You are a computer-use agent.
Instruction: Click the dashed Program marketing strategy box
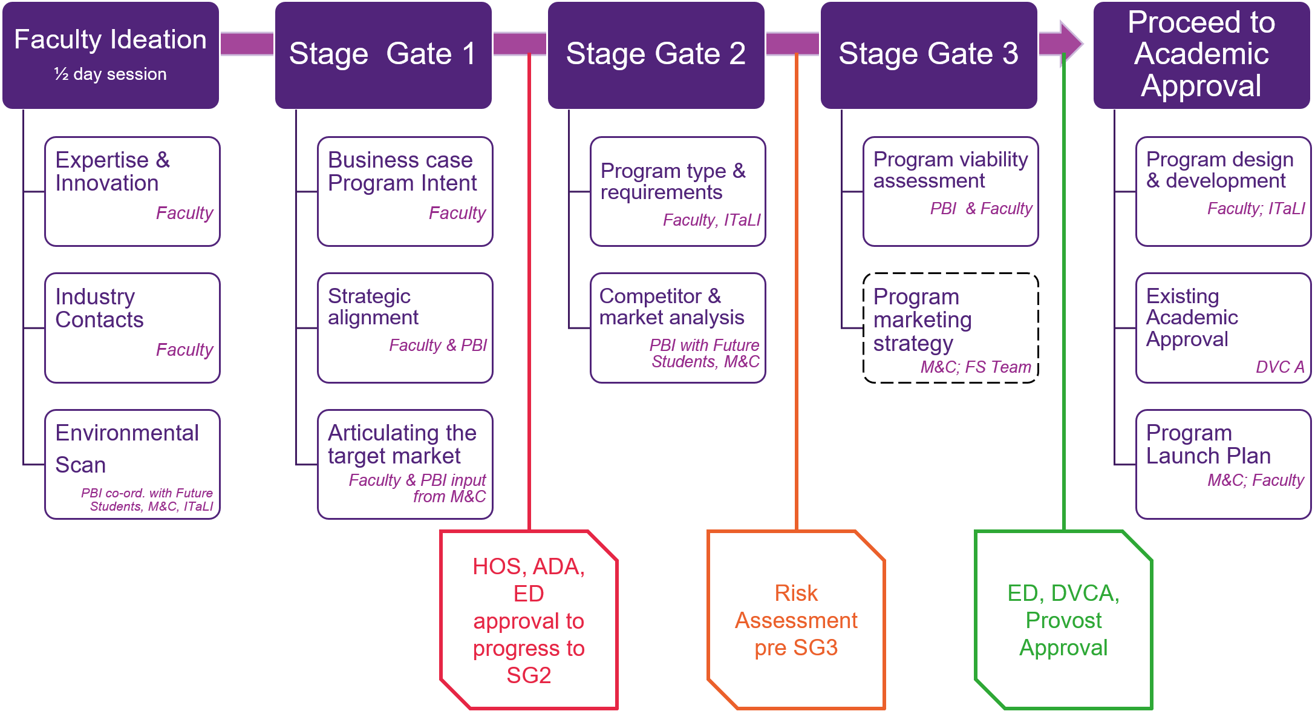[950, 327]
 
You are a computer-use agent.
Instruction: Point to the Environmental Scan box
[132, 464]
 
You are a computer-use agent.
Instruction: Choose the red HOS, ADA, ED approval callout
[529, 620]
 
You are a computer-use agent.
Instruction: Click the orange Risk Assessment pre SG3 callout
[796, 620]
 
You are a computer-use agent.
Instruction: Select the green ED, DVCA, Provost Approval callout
[1063, 620]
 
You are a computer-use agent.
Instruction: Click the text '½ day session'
[110, 74]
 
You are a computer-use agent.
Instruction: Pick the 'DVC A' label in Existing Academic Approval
[1279, 367]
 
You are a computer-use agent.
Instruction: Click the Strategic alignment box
[405, 327]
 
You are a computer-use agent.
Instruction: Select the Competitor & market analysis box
[677, 327]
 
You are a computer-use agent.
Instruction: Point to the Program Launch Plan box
[1223, 464]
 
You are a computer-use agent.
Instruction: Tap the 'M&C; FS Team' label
[975, 367]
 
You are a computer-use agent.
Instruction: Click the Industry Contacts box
[132, 327]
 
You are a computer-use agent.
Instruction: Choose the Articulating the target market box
[405, 464]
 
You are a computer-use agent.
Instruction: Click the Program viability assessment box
[950, 191]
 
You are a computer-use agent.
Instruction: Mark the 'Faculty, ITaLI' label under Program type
[711, 220]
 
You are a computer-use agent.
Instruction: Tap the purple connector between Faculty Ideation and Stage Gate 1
[247, 44]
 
